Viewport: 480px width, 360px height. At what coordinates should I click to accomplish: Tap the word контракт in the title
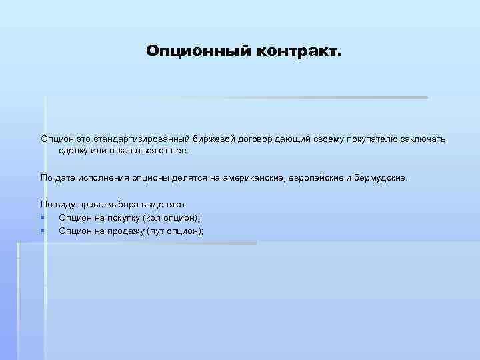(x=295, y=51)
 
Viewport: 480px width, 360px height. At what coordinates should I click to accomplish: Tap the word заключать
(x=423, y=139)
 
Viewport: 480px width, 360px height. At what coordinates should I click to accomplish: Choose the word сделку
(x=74, y=151)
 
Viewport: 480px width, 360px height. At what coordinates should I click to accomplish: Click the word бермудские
(x=379, y=179)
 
